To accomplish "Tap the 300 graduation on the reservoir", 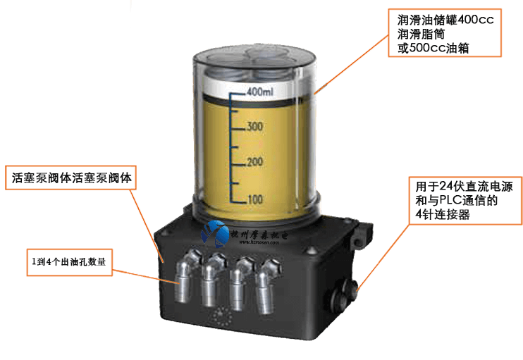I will tap(254, 127).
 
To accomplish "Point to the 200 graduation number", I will tap(254, 163).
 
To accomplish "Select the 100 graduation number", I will tap(254, 199).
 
